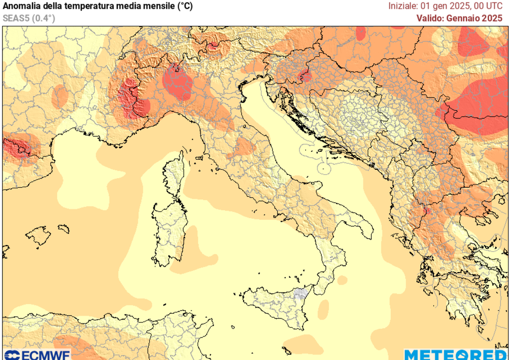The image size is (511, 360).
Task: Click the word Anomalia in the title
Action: point(21,6)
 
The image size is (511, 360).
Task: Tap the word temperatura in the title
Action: point(79,6)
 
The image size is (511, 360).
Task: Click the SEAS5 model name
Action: point(15,18)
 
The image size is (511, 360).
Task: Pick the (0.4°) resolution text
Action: point(43,18)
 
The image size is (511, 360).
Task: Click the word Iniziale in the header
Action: point(402,6)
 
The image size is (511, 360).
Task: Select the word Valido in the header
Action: point(431,18)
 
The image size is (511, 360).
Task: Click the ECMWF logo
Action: point(36,355)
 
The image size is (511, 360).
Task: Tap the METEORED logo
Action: point(457,355)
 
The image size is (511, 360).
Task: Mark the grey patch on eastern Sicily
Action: point(299,294)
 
